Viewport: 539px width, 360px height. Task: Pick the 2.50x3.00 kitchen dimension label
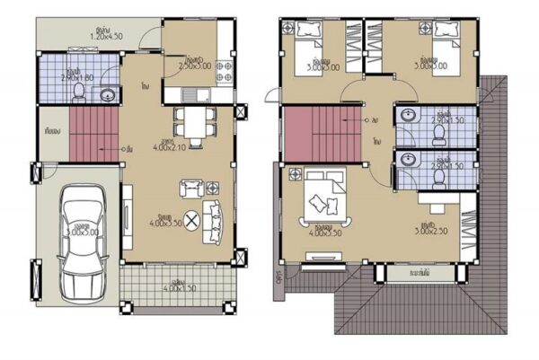coord(194,65)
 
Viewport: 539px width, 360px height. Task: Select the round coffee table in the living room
coord(191,225)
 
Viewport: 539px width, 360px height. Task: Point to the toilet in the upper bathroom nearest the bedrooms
coord(439,132)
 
